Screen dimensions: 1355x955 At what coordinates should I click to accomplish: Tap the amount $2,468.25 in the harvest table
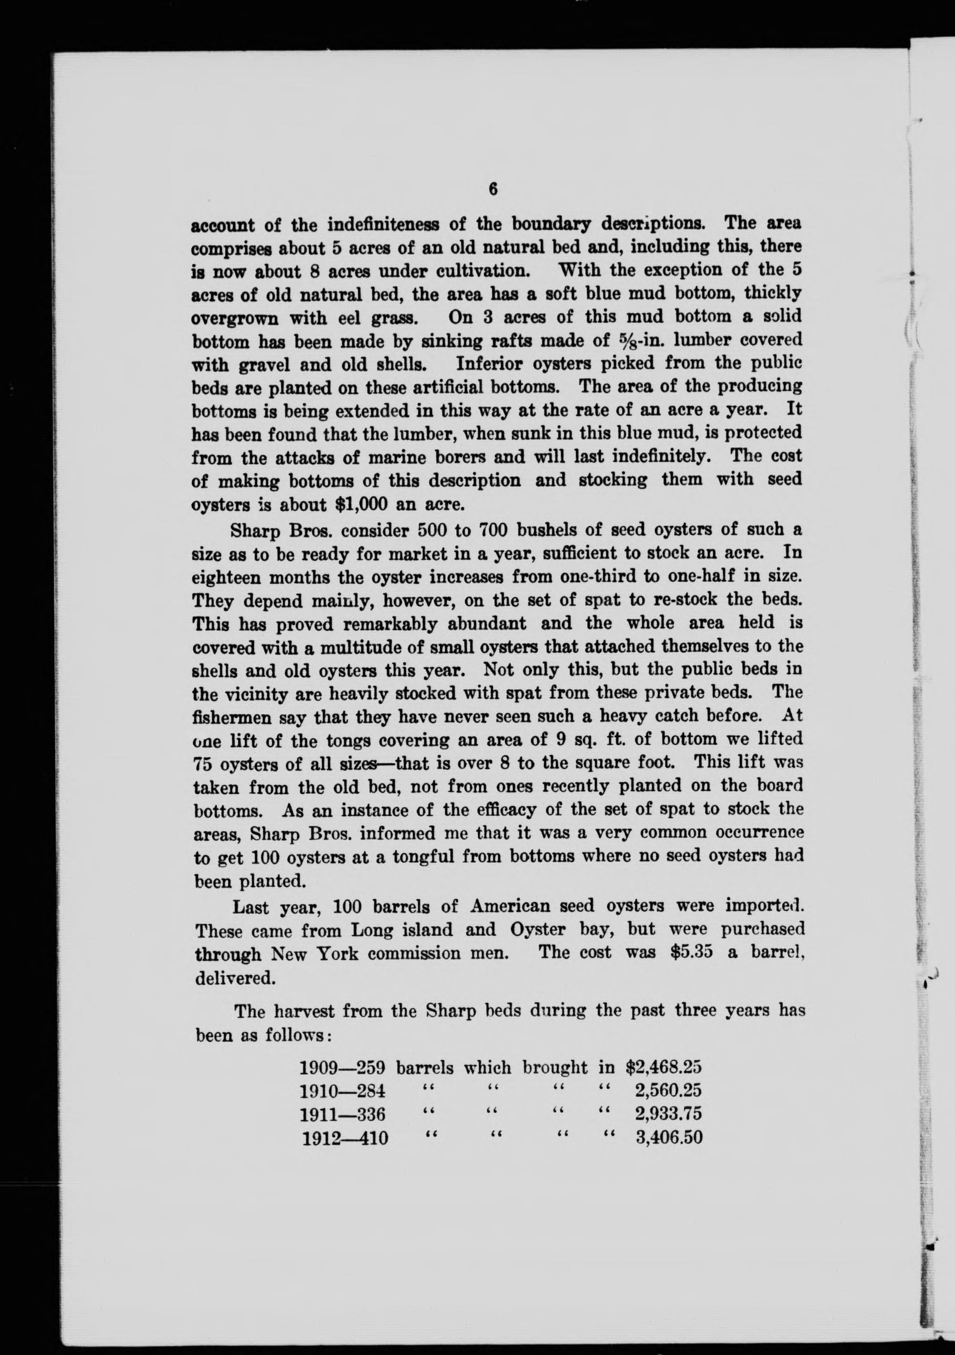[663, 1067]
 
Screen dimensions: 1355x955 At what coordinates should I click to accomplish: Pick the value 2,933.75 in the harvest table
[668, 1114]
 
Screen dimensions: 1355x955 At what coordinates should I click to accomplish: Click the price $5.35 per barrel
[692, 954]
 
